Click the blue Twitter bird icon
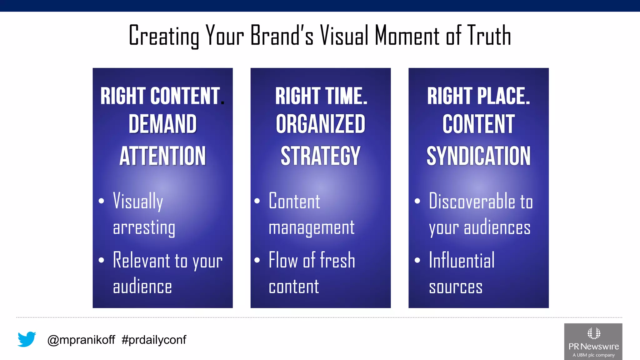(27, 339)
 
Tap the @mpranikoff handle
(81, 340)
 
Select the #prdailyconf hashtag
(154, 340)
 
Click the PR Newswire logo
(593, 341)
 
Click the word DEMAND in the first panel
(162, 124)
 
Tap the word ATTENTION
(162, 156)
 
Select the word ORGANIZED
(320, 124)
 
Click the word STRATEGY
(320, 156)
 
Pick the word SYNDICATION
(478, 156)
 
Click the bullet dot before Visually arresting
(101, 201)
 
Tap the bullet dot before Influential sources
(417, 260)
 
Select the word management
(312, 228)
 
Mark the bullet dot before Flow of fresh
(257, 260)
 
